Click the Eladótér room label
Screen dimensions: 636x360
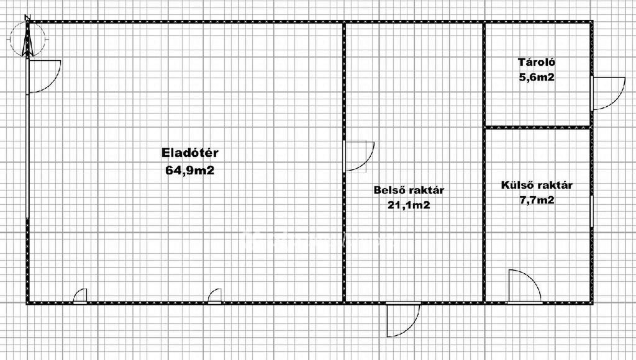pyautogui.click(x=190, y=153)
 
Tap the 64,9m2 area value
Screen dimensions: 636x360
pyautogui.click(x=189, y=170)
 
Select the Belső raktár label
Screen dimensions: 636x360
pyautogui.click(x=409, y=190)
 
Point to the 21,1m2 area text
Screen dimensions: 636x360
pyautogui.click(x=409, y=205)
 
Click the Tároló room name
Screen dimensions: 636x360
pyautogui.click(x=537, y=62)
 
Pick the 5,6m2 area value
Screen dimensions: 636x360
pyautogui.click(x=537, y=77)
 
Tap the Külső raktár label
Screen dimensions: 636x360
pyautogui.click(x=537, y=185)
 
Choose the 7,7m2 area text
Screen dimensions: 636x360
pyautogui.click(x=537, y=200)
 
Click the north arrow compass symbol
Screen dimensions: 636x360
pyautogui.click(x=27, y=40)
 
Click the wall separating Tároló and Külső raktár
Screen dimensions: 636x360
pyautogui.click(x=537, y=127)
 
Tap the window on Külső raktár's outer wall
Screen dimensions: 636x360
pyautogui.click(x=591, y=211)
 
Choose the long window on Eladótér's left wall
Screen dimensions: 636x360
pyautogui.click(x=27, y=156)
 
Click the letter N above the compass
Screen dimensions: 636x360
pyautogui.click(x=27, y=17)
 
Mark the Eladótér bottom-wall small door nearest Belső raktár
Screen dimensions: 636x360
pyautogui.click(x=214, y=296)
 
